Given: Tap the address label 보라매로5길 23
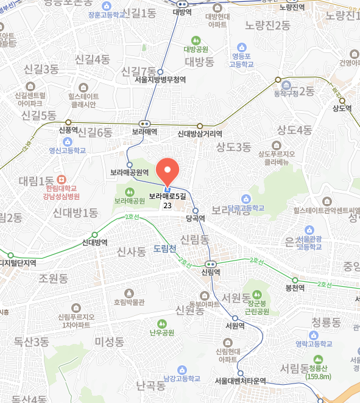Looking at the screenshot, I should tap(167, 200).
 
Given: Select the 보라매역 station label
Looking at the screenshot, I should tap(145, 131).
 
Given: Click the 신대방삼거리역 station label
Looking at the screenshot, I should tap(200, 134).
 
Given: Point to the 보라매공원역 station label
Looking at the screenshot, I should tap(129, 172).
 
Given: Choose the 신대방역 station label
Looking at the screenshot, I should tap(94, 242).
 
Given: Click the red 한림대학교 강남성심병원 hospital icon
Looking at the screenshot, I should tap(61, 180).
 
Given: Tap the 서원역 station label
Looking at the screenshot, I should tap(235, 325).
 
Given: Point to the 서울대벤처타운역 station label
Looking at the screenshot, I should tap(241, 380).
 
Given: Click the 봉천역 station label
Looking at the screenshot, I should tap(295, 288).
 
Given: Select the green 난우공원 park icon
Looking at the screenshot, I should tap(162, 323).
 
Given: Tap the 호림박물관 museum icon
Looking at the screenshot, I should tap(129, 293).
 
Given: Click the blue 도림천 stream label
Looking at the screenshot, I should tap(164, 248).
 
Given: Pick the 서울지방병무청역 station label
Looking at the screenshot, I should tap(160, 79).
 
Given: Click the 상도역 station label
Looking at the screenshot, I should tap(342, 108).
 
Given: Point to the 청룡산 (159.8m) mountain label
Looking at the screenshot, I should tap(318, 371).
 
